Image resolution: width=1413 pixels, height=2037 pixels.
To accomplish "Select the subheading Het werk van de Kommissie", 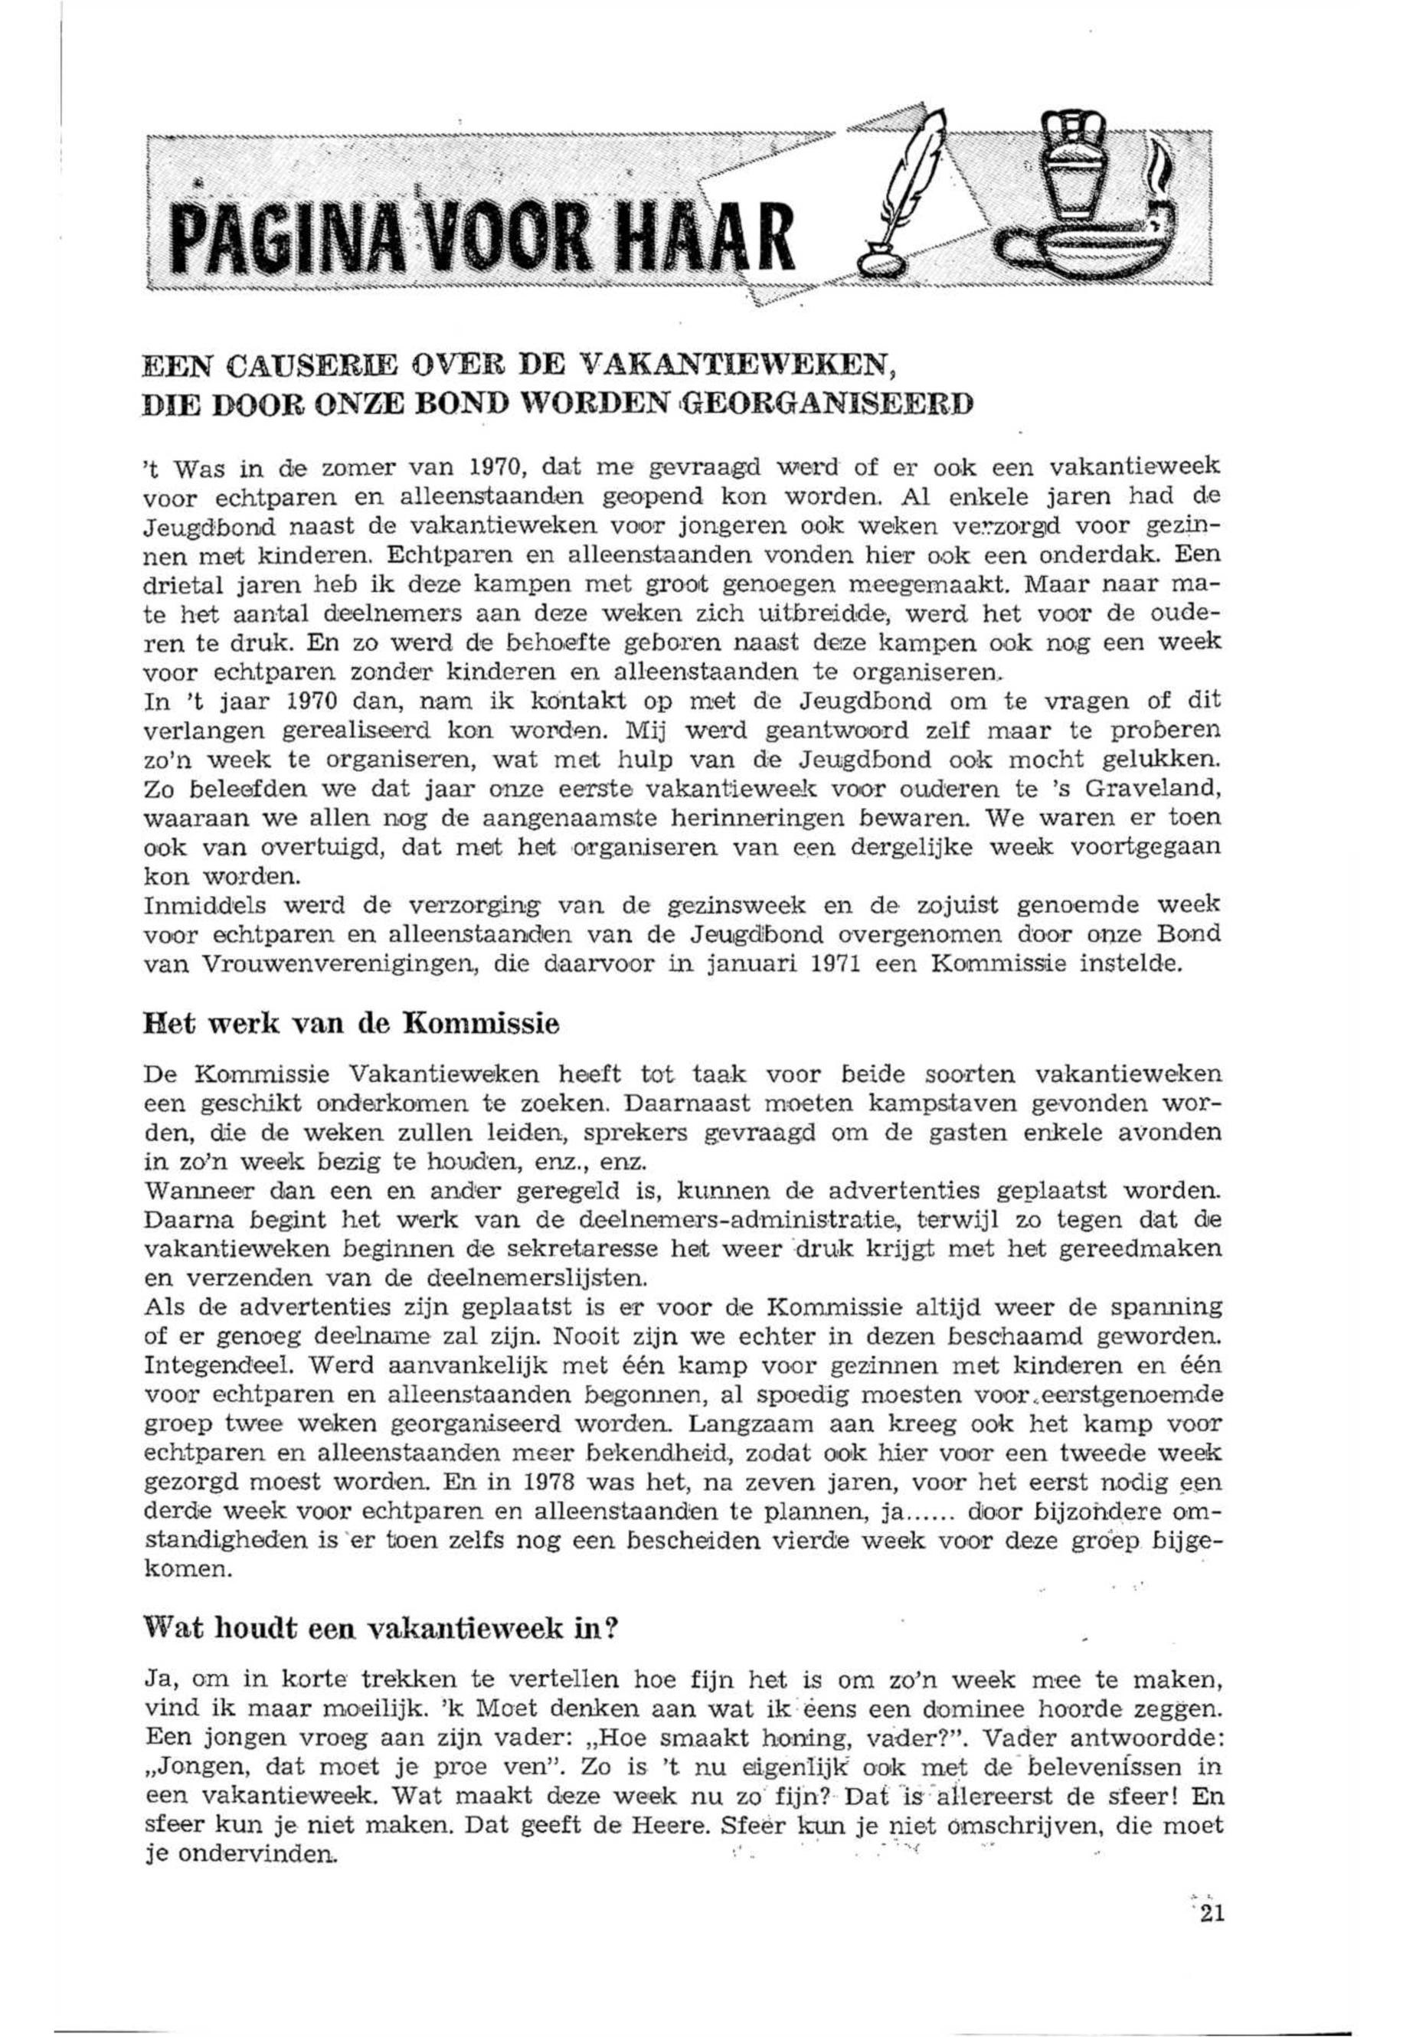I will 351,1025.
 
